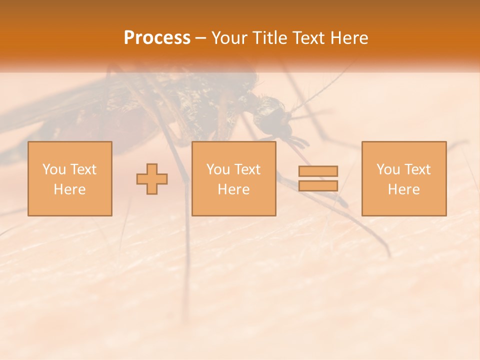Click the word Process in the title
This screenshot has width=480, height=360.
[x=157, y=38]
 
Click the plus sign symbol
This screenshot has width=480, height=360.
[x=152, y=179]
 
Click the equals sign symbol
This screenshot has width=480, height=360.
[x=318, y=178]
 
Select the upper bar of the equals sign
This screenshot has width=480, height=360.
[x=318, y=171]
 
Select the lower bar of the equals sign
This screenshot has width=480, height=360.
[x=318, y=185]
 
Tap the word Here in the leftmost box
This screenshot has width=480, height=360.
[x=69, y=189]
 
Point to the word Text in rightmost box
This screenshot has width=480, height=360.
[x=417, y=169]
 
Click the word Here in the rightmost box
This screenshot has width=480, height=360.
[x=403, y=189]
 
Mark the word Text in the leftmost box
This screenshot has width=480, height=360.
[x=83, y=169]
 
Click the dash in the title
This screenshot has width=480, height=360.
[x=201, y=38]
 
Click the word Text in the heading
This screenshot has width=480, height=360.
[x=305, y=38]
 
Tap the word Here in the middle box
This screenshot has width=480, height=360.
[x=233, y=189]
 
